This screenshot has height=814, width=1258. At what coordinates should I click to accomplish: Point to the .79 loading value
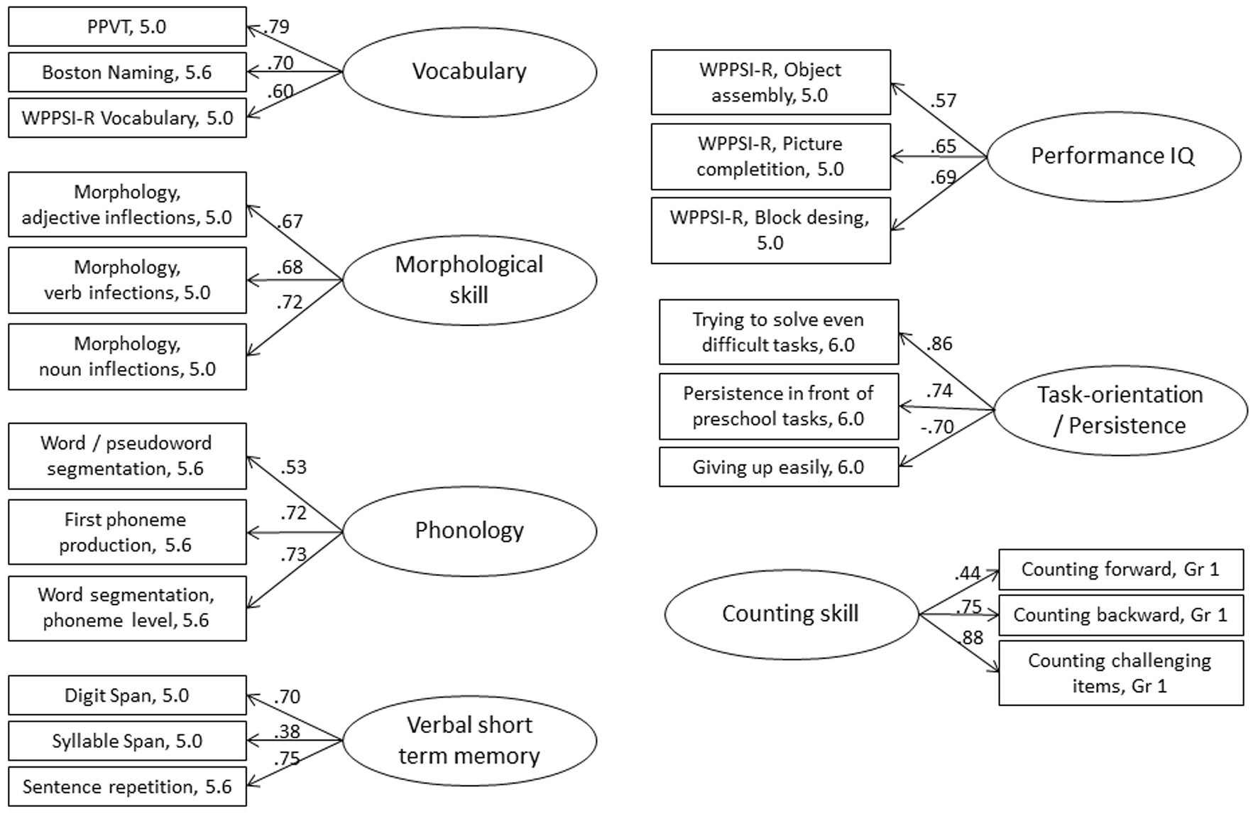pyautogui.click(x=276, y=27)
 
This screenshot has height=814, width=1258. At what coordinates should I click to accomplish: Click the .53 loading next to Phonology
pyautogui.click(x=293, y=467)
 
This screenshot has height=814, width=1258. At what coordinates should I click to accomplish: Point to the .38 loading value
pyautogui.click(x=286, y=731)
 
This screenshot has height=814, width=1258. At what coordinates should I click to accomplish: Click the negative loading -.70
pyautogui.click(x=937, y=428)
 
